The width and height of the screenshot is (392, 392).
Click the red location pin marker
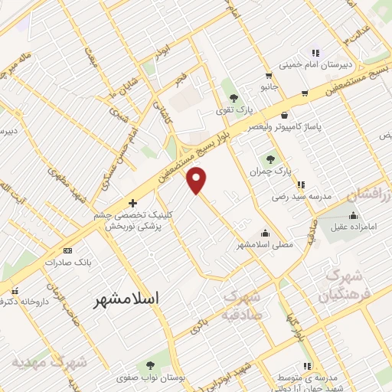[x=198, y=179]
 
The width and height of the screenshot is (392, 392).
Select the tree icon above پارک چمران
[x=269, y=159]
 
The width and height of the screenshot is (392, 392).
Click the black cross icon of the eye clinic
[x=134, y=203]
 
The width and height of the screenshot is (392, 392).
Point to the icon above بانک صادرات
[x=67, y=250]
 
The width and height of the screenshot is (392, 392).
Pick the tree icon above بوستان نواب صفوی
[x=149, y=364]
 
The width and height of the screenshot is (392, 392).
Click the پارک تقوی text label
[x=234, y=110]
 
